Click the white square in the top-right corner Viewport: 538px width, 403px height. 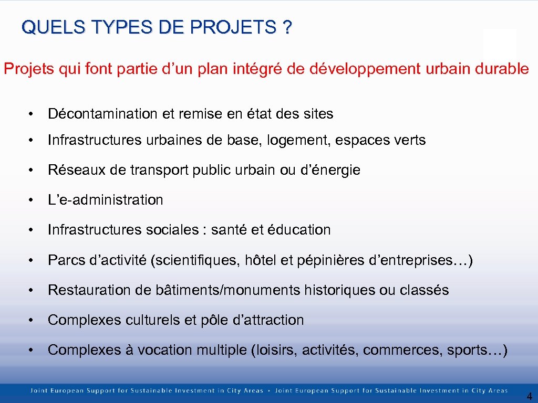pyautogui.click(x=500, y=44)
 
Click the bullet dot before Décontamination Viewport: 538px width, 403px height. pyautogui.click(x=33, y=114)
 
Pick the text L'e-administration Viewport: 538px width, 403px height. pyautogui.click(x=105, y=200)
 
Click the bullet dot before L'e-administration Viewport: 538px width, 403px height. pyautogui.click(x=33, y=200)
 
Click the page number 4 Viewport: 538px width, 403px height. pyautogui.click(x=529, y=397)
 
